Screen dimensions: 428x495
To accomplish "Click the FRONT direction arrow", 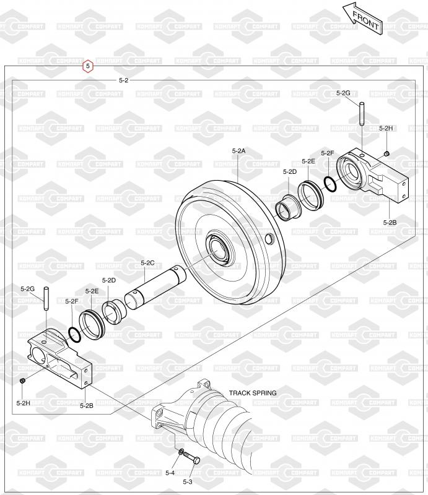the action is (363, 19).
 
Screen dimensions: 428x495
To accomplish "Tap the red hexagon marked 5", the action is (88, 66).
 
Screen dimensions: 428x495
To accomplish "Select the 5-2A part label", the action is (238, 151).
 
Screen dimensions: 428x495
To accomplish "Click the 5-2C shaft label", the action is (147, 262).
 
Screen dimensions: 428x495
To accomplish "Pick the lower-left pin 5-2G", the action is (46, 299).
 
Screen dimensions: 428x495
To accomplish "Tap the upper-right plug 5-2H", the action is (387, 153).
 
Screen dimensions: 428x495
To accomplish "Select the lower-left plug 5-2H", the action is (22, 381).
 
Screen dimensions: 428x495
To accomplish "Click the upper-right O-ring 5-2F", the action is (330, 184).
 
